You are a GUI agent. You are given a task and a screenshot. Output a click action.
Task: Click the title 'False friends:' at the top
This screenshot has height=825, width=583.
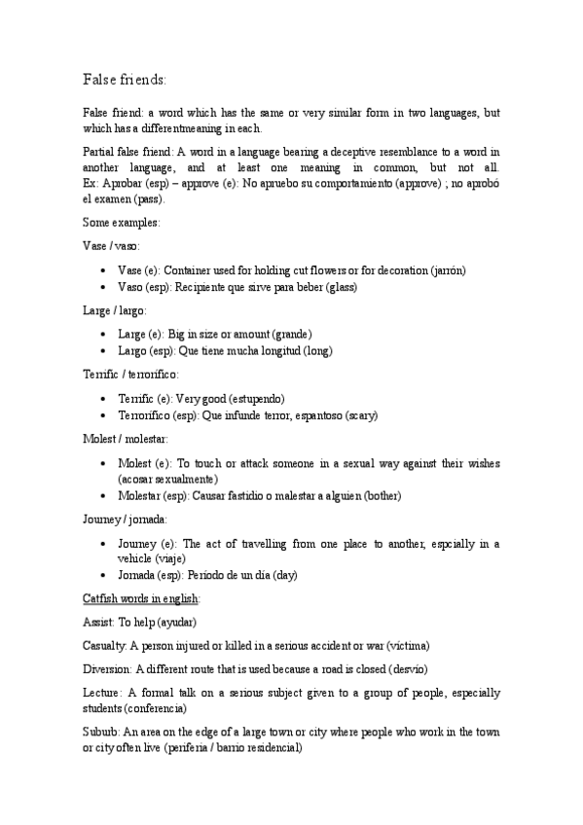(125, 78)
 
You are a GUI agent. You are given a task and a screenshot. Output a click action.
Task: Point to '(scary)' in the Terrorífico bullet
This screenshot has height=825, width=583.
(357, 415)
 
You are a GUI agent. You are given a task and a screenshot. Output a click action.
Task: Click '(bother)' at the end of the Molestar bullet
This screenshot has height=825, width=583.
(383, 495)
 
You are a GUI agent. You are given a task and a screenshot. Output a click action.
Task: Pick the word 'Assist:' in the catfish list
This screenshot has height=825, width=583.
(101, 623)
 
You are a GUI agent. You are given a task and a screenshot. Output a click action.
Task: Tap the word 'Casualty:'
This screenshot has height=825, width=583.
(107, 646)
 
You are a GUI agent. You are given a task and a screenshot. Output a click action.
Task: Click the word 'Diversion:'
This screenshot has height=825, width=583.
(109, 669)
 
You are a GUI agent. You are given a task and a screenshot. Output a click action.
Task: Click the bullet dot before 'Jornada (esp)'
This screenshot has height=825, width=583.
(103, 576)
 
